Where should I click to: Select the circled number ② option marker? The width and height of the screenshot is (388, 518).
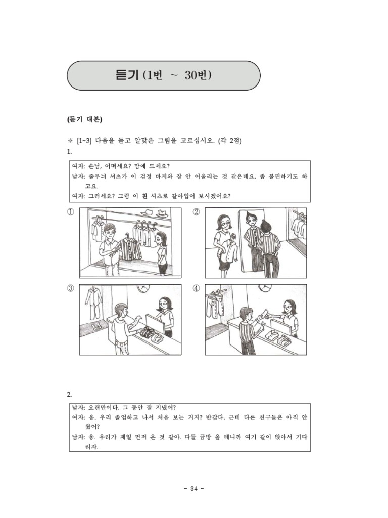coord(197,212)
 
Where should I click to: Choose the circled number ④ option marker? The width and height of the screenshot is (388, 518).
coord(197,288)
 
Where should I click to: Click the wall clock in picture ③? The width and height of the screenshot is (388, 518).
coord(143,288)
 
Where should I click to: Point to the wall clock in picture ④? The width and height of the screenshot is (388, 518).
coord(264,287)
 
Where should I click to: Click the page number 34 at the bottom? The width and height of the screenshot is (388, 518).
coord(194,488)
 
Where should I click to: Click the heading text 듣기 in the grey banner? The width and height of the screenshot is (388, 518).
coord(127,75)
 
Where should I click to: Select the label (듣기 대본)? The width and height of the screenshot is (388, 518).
coord(84,120)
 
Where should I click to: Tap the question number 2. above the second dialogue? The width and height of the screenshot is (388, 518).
coord(69,394)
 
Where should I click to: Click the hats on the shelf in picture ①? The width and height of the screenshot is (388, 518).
coord(154,213)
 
